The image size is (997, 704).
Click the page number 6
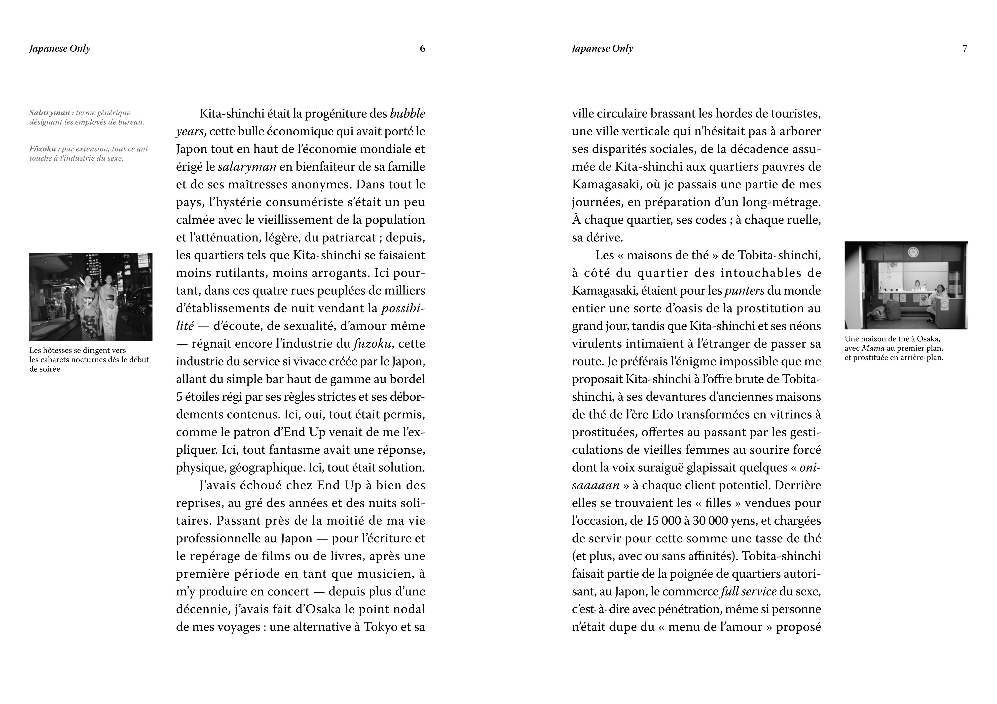[422, 49]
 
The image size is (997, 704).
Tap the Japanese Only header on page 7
[602, 49]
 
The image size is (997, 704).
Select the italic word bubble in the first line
[407, 114]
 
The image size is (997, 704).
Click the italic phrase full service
[748, 591]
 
